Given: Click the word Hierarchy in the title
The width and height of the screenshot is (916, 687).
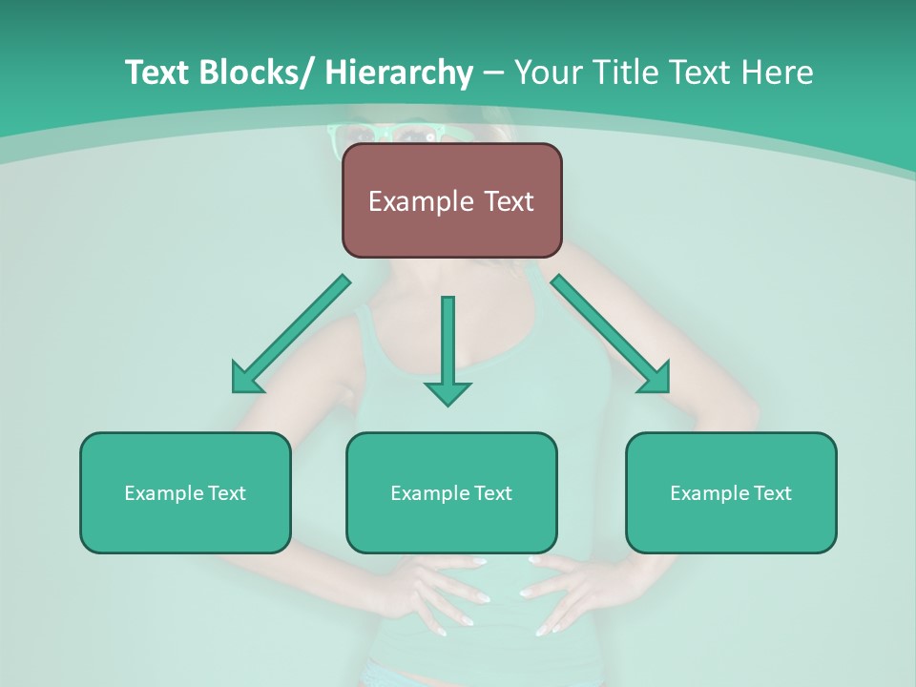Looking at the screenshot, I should [x=399, y=73].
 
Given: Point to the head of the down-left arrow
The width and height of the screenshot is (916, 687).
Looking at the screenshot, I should [x=245, y=379].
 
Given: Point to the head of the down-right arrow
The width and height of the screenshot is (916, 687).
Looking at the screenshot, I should [x=656, y=379].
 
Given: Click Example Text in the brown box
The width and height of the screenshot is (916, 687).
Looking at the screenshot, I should [x=451, y=201].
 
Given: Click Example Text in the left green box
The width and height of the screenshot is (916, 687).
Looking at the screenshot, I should [x=185, y=493].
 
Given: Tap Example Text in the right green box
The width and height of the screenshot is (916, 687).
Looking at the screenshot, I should [x=731, y=493].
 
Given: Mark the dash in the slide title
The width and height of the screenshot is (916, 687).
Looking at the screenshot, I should [x=493, y=73].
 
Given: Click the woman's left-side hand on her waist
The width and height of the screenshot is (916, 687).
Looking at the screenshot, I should [x=439, y=592].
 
